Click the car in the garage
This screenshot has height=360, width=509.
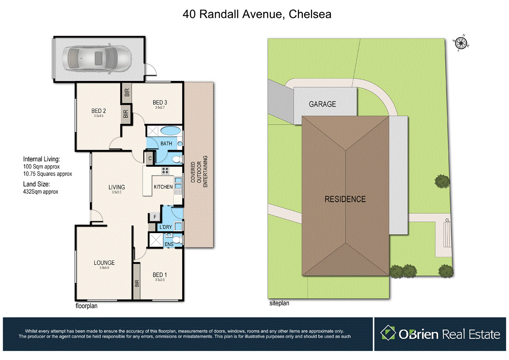[97, 58]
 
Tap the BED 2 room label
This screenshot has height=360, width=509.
[99, 111]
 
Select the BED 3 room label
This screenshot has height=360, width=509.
[161, 103]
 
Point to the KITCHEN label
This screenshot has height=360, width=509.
[163, 187]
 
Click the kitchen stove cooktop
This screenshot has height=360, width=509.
[165, 171]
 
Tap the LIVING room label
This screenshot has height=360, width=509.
[116, 187]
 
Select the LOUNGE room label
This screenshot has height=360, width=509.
[104, 263]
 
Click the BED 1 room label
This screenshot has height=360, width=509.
[160, 275]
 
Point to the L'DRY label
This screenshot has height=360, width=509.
[165, 227]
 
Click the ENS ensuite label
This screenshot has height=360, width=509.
[169, 244]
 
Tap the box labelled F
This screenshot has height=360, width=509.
[154, 217]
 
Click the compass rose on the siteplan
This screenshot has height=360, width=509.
[460, 43]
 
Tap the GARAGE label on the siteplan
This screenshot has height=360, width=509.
[322, 104]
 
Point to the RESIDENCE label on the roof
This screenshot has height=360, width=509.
[345, 199]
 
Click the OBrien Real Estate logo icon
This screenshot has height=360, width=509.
[387, 333]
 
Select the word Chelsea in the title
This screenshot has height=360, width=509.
[310, 14]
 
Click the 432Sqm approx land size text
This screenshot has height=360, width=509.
[41, 191]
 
